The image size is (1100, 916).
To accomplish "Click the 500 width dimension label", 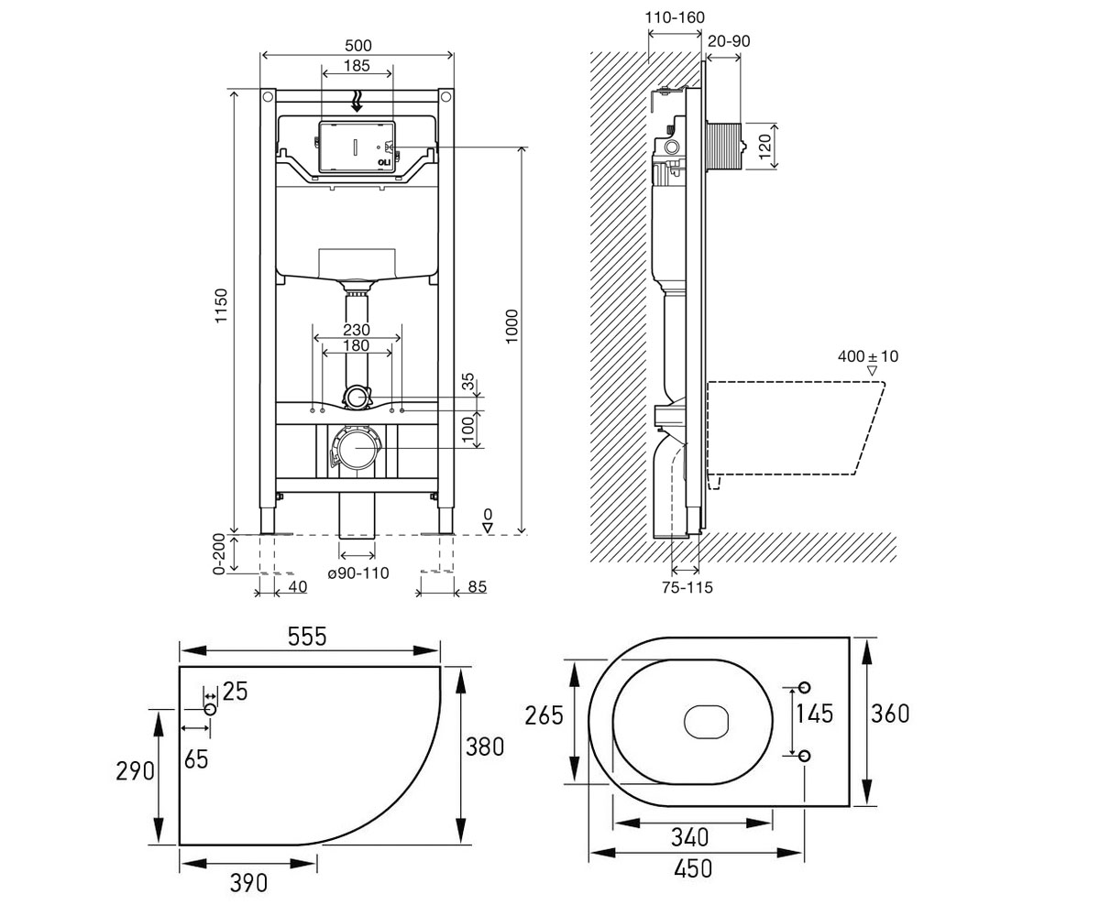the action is tap(358, 46).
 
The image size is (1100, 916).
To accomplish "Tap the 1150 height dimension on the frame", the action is tap(221, 305).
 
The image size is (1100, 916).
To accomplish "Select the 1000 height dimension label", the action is tap(511, 326).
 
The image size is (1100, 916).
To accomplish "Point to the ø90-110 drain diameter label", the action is tap(358, 573).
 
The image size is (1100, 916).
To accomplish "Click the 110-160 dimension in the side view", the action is tap(675, 17).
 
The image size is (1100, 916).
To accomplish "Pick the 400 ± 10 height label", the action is tap(868, 356).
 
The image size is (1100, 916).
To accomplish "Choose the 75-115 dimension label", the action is tap(687, 587).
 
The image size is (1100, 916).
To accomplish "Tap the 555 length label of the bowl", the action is tap(307, 637).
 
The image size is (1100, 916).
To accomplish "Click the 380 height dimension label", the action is tap(485, 747).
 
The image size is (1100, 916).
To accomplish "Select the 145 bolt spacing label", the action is tap(815, 714).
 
